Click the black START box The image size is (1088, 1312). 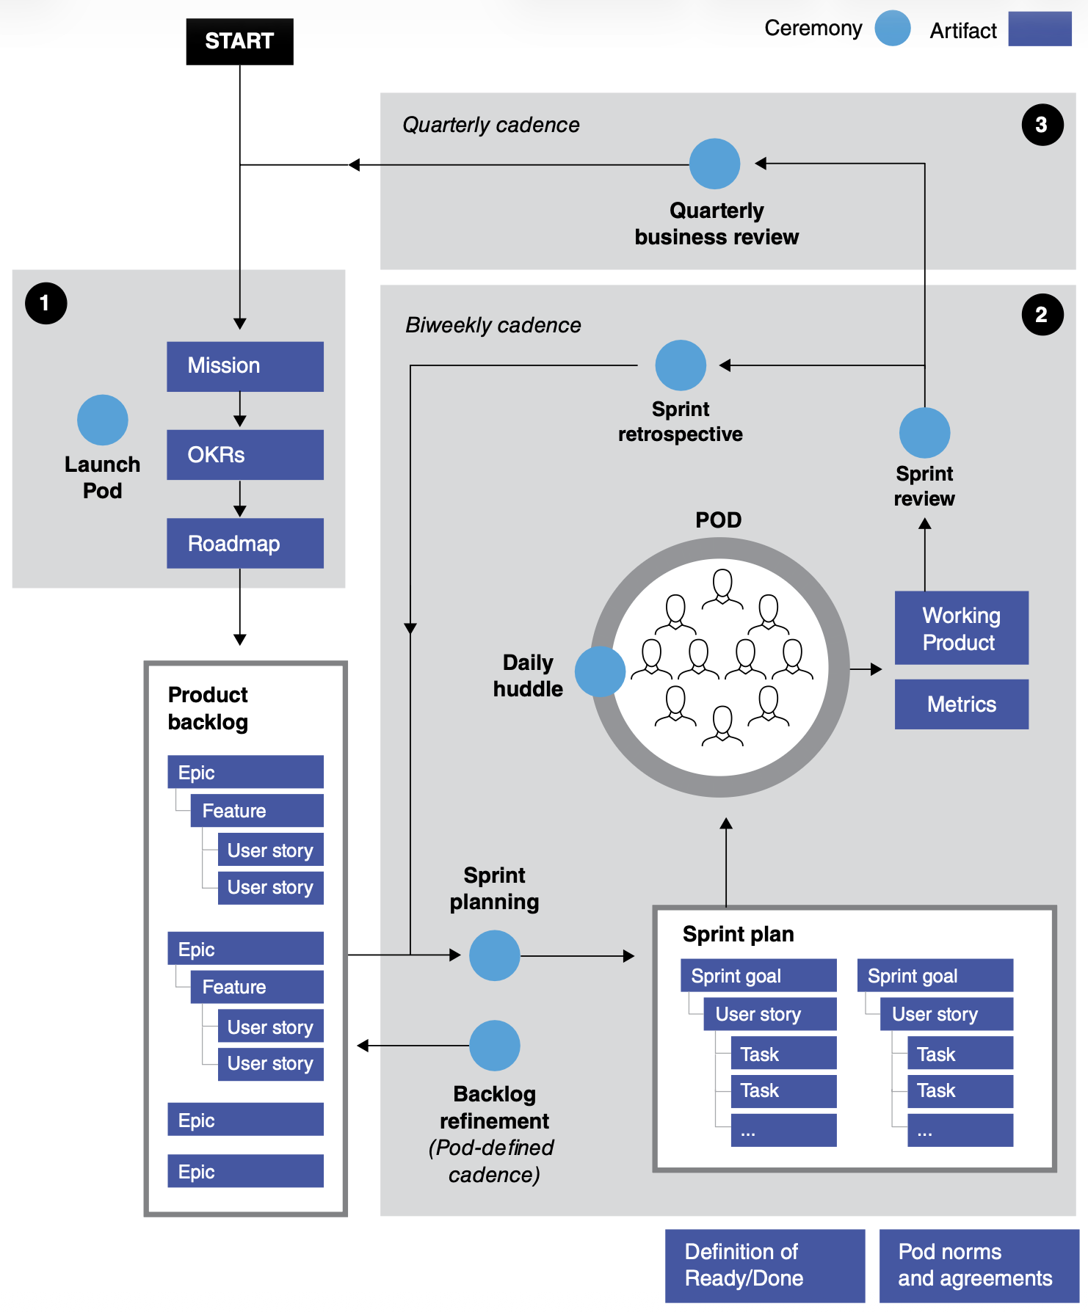pos(239,41)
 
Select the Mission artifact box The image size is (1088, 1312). pos(244,366)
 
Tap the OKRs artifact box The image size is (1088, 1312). pos(244,455)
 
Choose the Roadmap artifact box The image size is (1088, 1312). pos(244,544)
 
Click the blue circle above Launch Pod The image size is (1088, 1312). pos(103,420)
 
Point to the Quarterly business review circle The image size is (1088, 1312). pos(714,164)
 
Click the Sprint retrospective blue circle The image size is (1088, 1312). pos(681,365)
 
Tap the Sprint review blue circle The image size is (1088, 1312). pos(924,433)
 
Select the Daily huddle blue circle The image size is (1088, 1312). pos(600,671)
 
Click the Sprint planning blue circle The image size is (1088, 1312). pos(494,955)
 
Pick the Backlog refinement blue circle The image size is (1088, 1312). pos(494,1045)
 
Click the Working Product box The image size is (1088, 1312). pos(961,628)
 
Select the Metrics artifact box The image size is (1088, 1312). pos(961,704)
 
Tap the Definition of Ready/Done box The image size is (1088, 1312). pos(764,1266)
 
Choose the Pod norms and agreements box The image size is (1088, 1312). pos(978,1266)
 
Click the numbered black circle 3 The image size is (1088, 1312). pos(1042,125)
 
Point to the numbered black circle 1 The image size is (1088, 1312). pos(46,303)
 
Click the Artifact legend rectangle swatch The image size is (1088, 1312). pos(1040,29)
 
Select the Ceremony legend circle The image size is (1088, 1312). pos(893,29)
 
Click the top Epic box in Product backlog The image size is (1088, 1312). pos(245,772)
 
